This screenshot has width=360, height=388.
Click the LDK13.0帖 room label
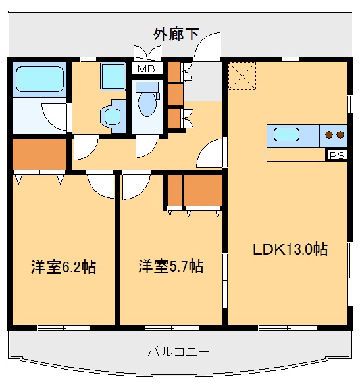290,249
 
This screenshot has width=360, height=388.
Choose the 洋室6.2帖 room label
63,267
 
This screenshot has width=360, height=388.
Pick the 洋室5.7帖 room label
170,267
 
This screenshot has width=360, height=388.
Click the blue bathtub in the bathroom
39,80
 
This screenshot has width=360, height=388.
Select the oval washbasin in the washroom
111,116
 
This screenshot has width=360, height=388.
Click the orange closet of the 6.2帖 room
40,155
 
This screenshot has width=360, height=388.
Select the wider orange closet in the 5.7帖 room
203,191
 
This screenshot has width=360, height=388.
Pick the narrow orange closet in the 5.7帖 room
174,191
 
